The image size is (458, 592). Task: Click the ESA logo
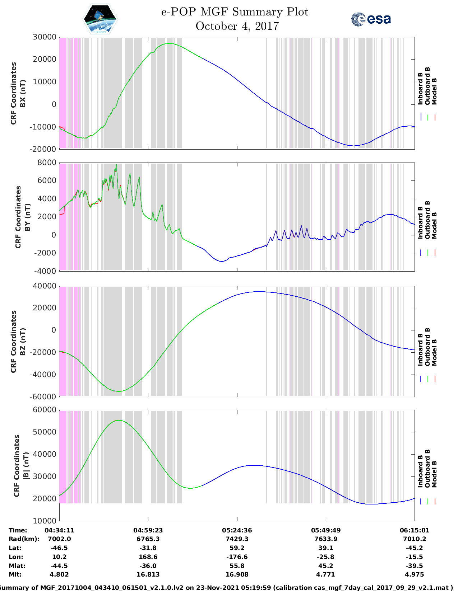click(371, 19)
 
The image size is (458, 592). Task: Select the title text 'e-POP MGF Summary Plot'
click(235, 12)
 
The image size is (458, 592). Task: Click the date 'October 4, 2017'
click(237, 26)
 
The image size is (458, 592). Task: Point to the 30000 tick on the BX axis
click(44, 37)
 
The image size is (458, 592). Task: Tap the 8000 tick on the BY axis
click(47, 163)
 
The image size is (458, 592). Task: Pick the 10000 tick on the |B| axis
click(44, 521)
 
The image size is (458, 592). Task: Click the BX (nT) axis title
click(18, 93)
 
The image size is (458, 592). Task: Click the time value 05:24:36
click(237, 530)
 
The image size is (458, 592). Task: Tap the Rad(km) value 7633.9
click(325, 539)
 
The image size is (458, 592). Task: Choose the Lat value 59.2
click(237, 548)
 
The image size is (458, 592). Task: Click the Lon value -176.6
click(237, 557)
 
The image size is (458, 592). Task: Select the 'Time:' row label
click(18, 530)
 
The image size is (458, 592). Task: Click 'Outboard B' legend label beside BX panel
click(427, 86)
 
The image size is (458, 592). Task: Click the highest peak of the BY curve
click(116, 165)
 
